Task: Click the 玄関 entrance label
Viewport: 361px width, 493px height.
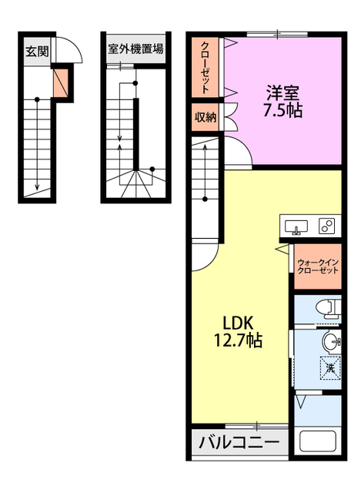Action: [37, 52]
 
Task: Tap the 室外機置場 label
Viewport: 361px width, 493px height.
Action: [135, 49]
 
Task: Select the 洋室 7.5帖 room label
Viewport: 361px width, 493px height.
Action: [282, 101]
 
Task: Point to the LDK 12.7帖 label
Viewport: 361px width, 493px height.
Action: [238, 331]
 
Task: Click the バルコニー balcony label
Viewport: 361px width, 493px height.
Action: [239, 442]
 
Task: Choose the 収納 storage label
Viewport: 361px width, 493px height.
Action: [206, 117]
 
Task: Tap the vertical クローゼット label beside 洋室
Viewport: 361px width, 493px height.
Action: [206, 68]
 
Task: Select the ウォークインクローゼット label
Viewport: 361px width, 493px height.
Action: [318, 267]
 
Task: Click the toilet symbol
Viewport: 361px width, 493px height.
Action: [328, 309]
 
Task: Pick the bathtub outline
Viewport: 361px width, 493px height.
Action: [318, 441]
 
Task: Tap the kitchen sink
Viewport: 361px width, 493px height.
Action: [296, 227]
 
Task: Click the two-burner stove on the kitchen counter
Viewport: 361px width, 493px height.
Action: [327, 226]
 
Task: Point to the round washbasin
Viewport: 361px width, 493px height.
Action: [331, 341]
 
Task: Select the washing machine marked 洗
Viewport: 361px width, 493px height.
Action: [330, 367]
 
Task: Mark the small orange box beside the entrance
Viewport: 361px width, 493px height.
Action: [60, 83]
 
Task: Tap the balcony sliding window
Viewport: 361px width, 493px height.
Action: [257, 426]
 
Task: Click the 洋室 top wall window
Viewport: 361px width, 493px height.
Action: [277, 34]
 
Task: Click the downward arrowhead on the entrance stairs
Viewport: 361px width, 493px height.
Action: [37, 186]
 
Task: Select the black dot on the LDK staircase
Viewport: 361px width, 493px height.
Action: [205, 199]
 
